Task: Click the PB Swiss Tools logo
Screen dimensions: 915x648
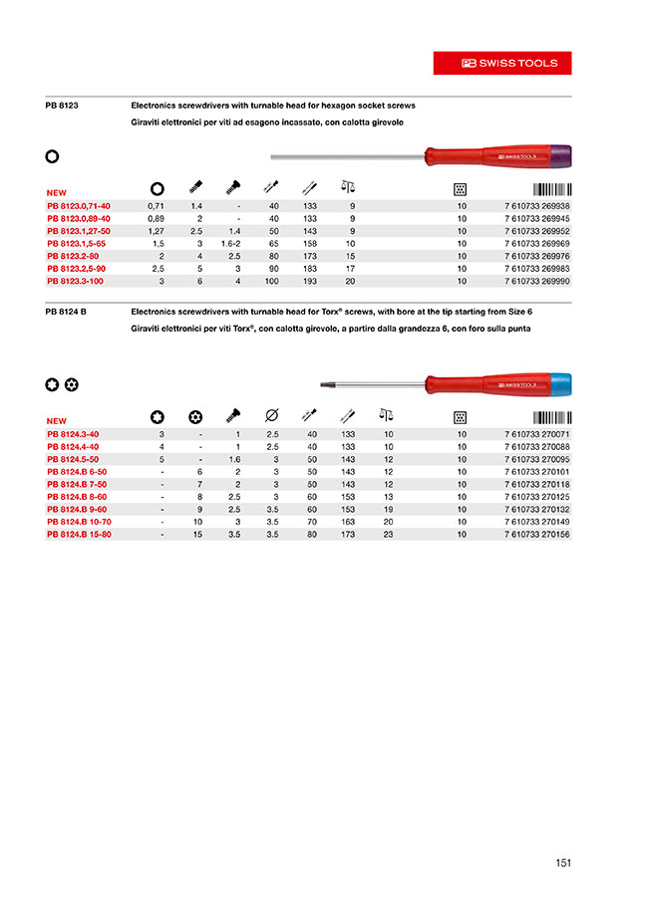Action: pos(502,63)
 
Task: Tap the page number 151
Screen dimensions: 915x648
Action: pos(562,864)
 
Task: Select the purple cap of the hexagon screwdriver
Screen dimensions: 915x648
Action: pos(558,155)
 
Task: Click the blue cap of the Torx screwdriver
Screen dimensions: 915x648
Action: pos(558,382)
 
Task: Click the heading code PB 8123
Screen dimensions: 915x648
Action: pos(62,105)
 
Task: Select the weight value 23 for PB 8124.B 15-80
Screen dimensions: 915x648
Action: pos(389,535)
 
